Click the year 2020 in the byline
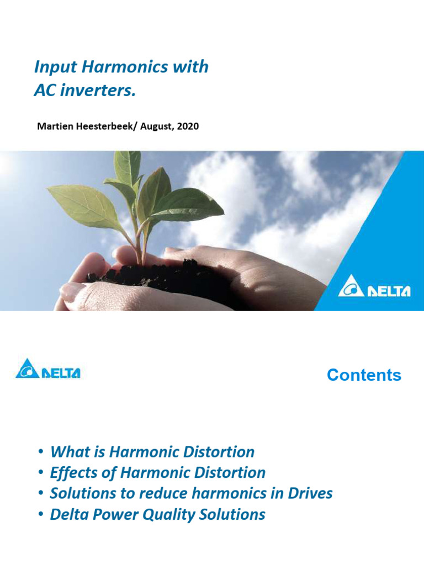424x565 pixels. [187, 126]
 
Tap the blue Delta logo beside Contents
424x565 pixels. [48, 370]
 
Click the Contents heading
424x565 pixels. [364, 375]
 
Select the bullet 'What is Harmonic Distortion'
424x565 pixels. [152, 452]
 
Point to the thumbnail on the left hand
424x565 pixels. [72, 291]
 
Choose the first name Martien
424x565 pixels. [54, 126]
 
